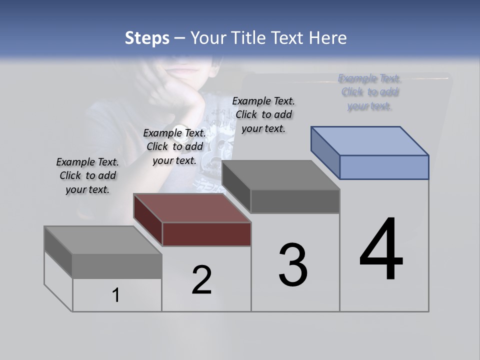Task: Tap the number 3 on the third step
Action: (293, 264)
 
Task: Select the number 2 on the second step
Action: (202, 279)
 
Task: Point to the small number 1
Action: (116, 295)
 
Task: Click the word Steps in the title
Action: (146, 38)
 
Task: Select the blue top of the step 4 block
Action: (370, 140)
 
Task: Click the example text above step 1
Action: (87, 175)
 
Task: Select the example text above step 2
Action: (174, 146)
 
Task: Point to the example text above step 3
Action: (263, 114)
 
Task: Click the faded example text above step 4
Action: (369, 92)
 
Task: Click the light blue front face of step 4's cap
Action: (384, 167)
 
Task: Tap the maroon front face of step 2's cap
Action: (206, 234)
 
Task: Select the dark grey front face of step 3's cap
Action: (295, 201)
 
